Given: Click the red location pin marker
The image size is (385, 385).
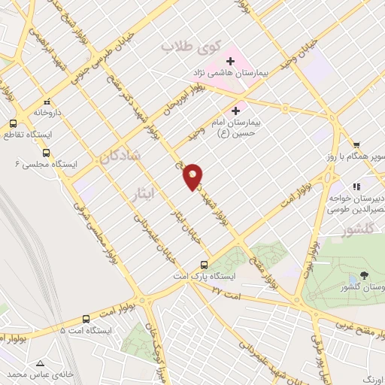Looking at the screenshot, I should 192,176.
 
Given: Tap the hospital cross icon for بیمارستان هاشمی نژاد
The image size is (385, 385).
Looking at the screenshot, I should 230,60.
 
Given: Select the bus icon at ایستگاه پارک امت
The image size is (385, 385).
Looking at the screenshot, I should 204,265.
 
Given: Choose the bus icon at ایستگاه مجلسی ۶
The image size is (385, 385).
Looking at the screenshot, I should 46,152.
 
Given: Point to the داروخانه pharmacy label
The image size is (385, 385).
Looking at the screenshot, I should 29,112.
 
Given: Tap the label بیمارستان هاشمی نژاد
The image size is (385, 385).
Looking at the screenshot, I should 225,75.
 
